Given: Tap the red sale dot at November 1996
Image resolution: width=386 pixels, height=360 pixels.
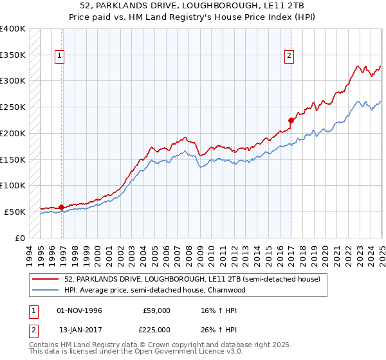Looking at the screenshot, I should point(61,207).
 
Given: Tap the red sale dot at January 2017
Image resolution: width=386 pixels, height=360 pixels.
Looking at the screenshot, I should point(291,120).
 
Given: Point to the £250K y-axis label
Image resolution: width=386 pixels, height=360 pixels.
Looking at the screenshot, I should point(12,107).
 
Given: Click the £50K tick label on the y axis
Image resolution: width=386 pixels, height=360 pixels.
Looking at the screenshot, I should point(15,212).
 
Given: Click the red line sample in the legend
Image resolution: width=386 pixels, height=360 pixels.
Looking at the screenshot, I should point(45,280).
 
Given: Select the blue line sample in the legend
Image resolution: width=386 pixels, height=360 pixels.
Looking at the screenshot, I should point(45,291).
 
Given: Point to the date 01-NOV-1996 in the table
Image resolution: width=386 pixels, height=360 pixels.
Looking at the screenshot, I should point(79,310).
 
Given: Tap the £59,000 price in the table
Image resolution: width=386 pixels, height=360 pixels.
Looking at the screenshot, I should point(156,310).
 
